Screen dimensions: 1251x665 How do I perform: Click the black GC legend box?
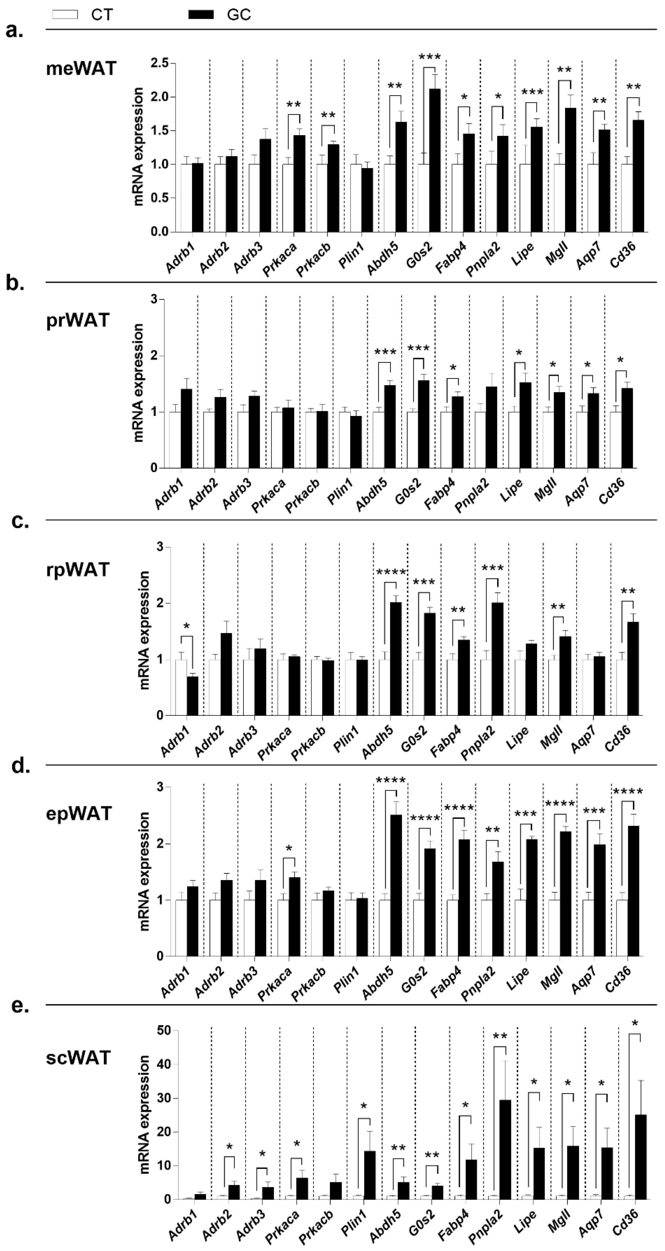point(201,15)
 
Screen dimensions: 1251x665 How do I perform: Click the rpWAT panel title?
point(78,569)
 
